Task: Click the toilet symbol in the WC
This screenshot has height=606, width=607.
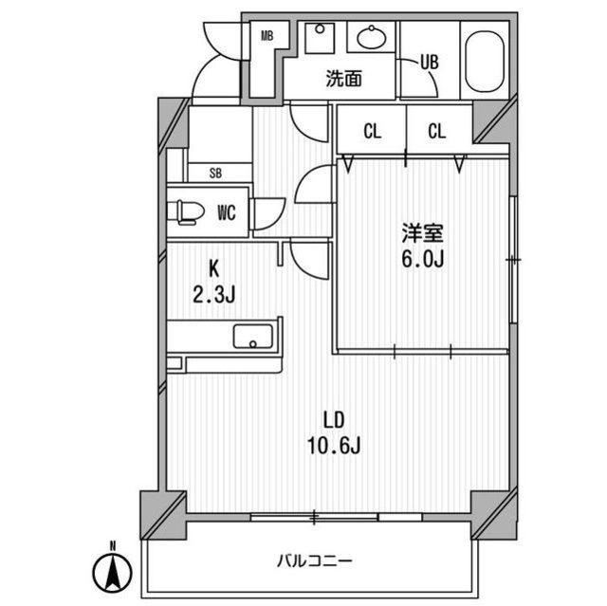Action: [186, 211]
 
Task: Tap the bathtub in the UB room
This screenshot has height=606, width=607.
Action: [485, 62]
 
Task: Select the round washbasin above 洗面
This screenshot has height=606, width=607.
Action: [371, 38]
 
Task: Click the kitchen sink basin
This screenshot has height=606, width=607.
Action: [253, 336]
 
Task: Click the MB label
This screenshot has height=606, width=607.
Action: [267, 36]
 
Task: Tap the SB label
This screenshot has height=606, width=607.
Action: [215, 173]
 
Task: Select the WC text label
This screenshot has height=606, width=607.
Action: [227, 212]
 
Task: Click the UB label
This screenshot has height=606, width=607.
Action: [430, 63]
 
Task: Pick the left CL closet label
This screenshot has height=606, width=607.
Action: [373, 132]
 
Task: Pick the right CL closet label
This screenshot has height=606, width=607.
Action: [437, 132]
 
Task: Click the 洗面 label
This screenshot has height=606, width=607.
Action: [343, 79]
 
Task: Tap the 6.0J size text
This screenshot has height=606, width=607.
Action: [422, 259]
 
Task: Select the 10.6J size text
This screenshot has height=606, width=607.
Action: [334, 445]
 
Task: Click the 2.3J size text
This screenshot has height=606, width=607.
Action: [214, 295]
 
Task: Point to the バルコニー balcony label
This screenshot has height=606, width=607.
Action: [315, 560]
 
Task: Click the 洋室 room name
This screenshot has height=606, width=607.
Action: [422, 233]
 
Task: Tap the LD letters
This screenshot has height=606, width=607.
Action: [334, 420]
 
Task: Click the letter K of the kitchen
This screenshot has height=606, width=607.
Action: [214, 269]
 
